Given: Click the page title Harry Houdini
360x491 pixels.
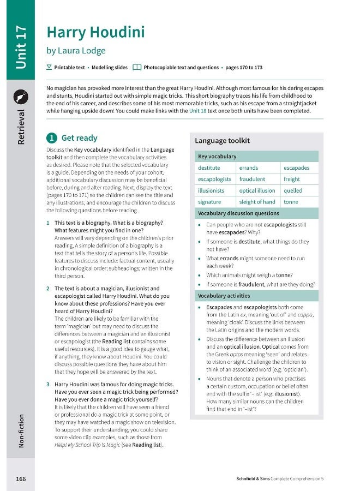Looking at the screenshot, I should coord(95,32).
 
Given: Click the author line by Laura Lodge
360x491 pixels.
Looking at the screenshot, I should coord(76,51).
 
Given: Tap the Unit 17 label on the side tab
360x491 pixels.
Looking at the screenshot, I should coord(21,47).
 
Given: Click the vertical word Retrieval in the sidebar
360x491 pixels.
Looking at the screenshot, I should coord(21,127).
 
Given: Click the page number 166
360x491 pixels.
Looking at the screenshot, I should coord(21,478).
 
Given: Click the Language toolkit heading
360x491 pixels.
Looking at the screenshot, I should coord(222,141).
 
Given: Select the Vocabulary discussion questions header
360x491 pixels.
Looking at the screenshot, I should coord(238,213).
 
